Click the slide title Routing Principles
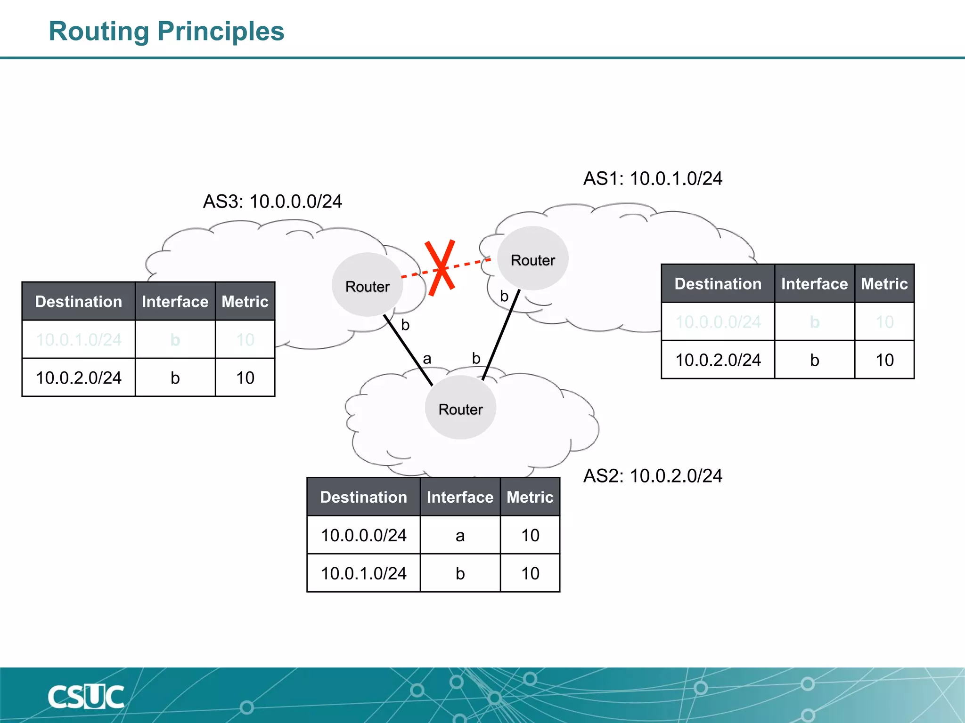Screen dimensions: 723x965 click(x=166, y=32)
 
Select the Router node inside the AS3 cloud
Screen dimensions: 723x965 click(x=367, y=285)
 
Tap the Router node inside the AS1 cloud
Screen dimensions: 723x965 click(x=533, y=259)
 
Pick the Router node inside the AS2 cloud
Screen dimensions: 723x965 click(x=460, y=408)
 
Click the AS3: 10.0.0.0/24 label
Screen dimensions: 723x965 click(x=272, y=201)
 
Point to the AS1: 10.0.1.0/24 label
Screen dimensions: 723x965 click(x=653, y=178)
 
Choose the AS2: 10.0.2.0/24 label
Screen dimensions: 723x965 click(x=653, y=476)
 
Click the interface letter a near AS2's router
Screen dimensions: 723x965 click(x=427, y=359)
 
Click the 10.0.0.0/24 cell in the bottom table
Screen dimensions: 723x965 click(x=363, y=535)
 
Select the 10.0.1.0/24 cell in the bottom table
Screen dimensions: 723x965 click(x=363, y=573)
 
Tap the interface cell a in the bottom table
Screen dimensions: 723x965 click(x=460, y=535)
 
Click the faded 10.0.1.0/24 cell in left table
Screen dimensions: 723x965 click(x=79, y=339)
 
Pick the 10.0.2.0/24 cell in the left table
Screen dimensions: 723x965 click(x=79, y=378)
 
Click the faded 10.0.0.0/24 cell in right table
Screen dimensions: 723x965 click(x=718, y=322)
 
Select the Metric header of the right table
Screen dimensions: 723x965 click(x=884, y=284)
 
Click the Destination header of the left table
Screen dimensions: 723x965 click(x=79, y=301)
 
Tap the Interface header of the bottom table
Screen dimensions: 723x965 click(x=460, y=497)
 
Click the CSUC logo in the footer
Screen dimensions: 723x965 click(x=86, y=697)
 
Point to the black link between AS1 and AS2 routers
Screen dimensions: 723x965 click(x=501, y=336)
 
